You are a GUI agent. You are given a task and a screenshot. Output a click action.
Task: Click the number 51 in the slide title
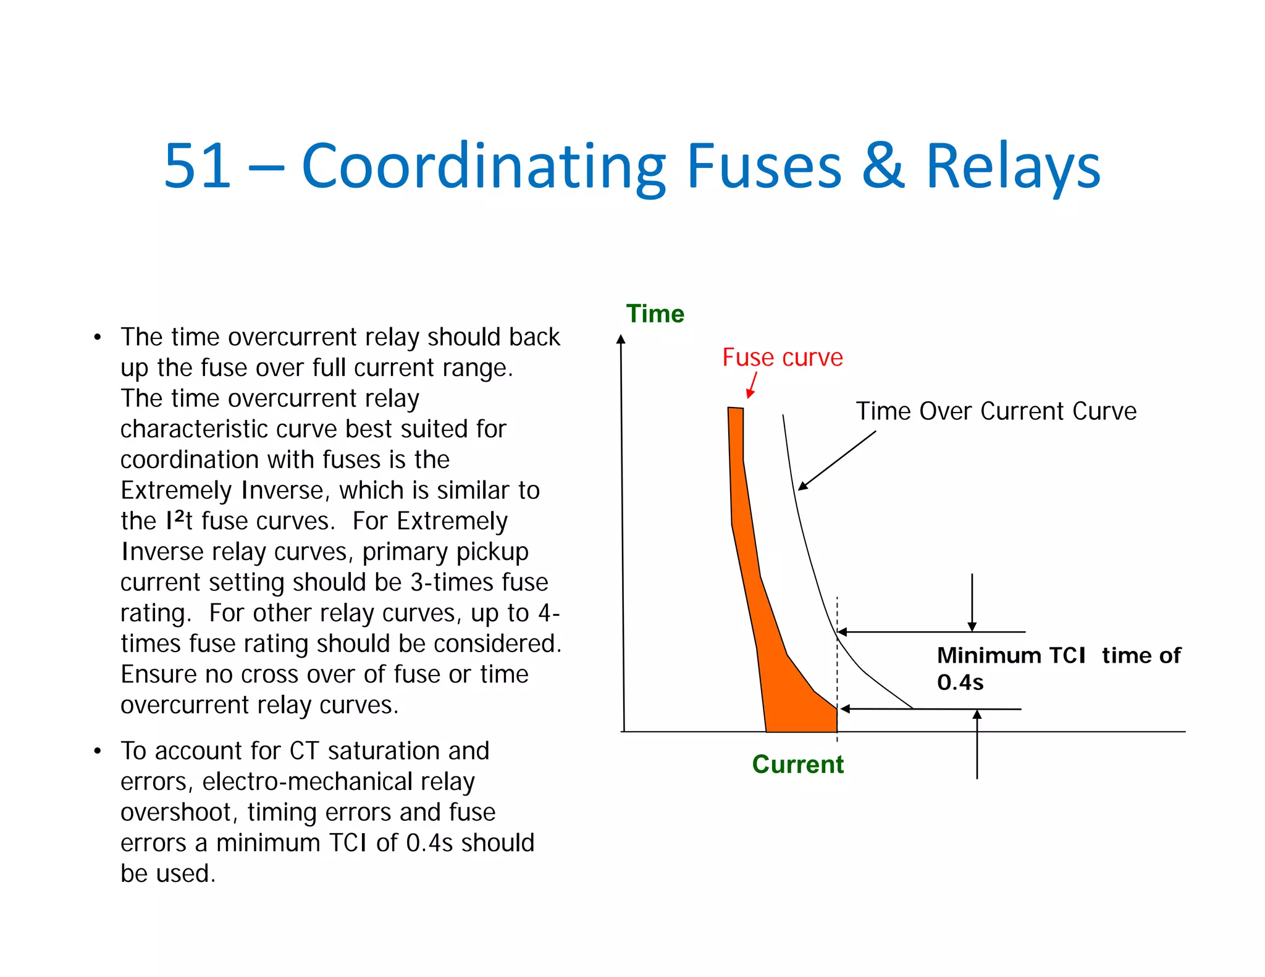click(198, 166)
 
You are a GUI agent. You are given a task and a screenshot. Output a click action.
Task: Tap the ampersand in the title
click(883, 166)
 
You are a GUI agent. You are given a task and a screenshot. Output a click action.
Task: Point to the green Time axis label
click(655, 314)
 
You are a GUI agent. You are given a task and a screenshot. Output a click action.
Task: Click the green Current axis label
click(797, 764)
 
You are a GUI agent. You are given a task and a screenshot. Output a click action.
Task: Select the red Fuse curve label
click(783, 358)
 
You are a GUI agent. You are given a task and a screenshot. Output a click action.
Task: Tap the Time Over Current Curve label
click(996, 411)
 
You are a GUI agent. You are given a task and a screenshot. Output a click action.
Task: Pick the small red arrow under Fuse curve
click(752, 385)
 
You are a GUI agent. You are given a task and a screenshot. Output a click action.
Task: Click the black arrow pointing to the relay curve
click(837, 461)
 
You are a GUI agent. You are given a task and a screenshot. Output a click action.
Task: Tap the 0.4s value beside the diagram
click(960, 682)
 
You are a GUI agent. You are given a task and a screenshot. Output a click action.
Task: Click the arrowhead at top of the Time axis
click(621, 339)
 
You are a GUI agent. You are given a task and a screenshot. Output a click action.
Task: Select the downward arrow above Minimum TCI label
click(972, 602)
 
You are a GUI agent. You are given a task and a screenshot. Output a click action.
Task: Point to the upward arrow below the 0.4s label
click(977, 744)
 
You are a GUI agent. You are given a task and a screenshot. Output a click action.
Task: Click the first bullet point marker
click(97, 338)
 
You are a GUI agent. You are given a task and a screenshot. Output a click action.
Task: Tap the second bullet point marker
click(97, 752)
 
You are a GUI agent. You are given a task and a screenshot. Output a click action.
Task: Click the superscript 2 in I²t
click(179, 515)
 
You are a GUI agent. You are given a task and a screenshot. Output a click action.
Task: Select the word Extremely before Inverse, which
click(175, 490)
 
